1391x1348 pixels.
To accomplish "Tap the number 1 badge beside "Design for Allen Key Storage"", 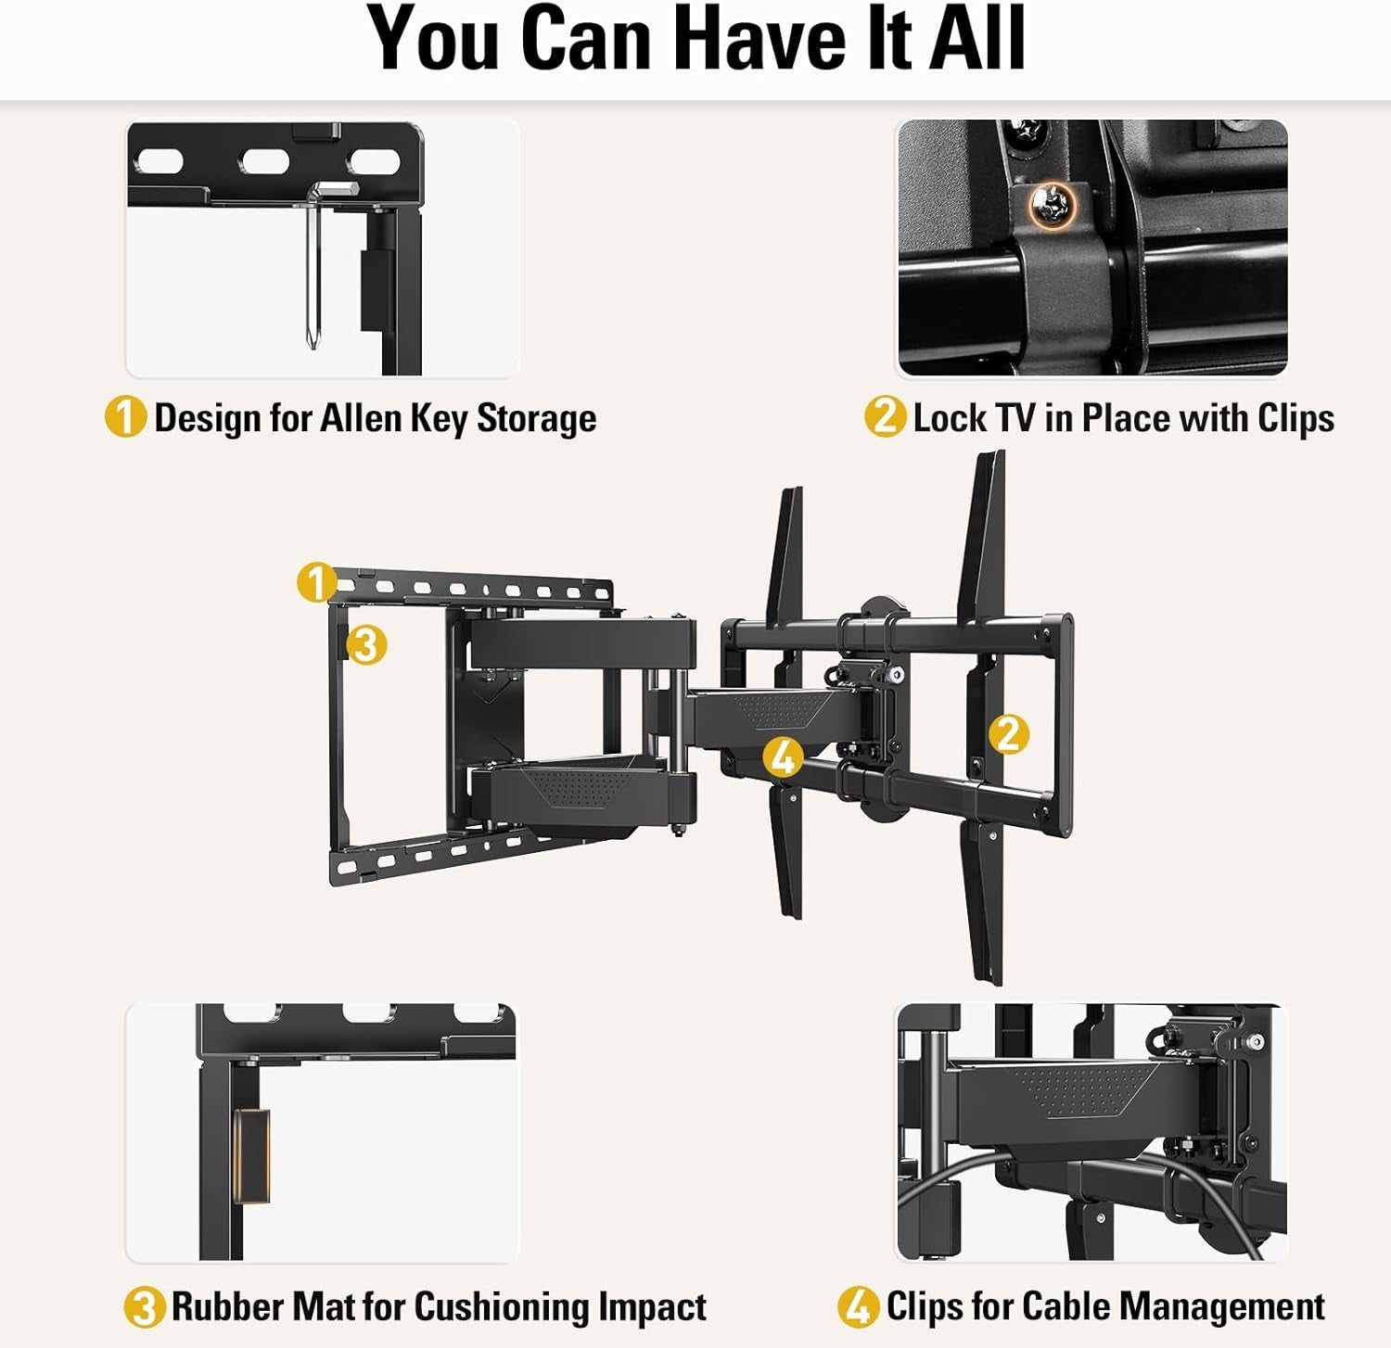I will (125, 416).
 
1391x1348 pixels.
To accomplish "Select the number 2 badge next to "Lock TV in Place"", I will (885, 416).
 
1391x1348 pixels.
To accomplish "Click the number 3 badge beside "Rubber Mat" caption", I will (145, 1307).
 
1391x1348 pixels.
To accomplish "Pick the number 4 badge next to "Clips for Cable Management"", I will (858, 1306).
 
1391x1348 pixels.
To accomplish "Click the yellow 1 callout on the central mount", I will (316, 582).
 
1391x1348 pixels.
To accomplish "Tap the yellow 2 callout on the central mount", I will (1008, 734).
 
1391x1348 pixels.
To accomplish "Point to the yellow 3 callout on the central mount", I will (366, 644).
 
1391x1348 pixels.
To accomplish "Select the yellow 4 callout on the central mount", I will (784, 757).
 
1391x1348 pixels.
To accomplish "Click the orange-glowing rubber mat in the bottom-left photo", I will (251, 1155).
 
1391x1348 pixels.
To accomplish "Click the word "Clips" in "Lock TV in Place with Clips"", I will (1295, 418).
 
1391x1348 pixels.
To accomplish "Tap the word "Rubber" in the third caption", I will (228, 1307).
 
